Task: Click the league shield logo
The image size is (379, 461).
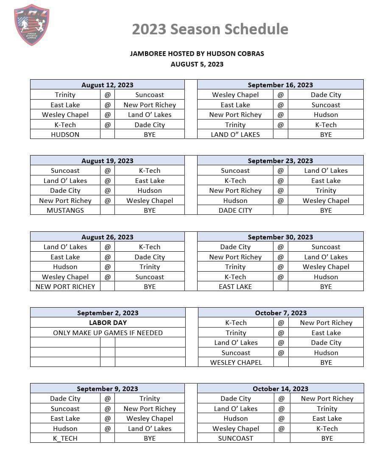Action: tap(31, 25)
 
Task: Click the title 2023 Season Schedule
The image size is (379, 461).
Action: tap(210, 29)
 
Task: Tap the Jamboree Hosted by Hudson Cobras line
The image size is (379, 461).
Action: tap(197, 54)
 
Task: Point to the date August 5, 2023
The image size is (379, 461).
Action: tap(197, 64)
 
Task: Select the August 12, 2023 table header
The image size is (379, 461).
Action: tap(107, 85)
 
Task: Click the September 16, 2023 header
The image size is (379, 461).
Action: tap(280, 85)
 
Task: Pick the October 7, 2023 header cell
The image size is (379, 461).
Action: tap(281, 313)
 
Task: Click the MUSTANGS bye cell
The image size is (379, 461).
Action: tap(65, 210)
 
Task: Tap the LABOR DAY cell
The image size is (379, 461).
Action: tap(108, 322)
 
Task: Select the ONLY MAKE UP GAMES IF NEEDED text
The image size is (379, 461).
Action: tap(108, 333)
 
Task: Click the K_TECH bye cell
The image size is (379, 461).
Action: tap(65, 438)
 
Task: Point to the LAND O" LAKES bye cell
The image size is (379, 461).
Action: tap(235, 134)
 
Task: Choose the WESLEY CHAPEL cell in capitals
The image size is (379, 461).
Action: tap(236, 362)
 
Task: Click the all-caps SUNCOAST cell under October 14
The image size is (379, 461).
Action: tap(236, 438)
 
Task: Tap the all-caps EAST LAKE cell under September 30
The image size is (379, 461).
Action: tap(235, 286)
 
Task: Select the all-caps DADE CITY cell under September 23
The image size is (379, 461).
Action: tap(235, 210)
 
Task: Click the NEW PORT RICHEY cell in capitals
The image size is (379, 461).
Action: tap(65, 286)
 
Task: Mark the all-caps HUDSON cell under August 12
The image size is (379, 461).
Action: tap(65, 134)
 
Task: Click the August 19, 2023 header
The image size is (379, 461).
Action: tap(107, 161)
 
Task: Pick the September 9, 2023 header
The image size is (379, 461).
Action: tap(107, 389)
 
